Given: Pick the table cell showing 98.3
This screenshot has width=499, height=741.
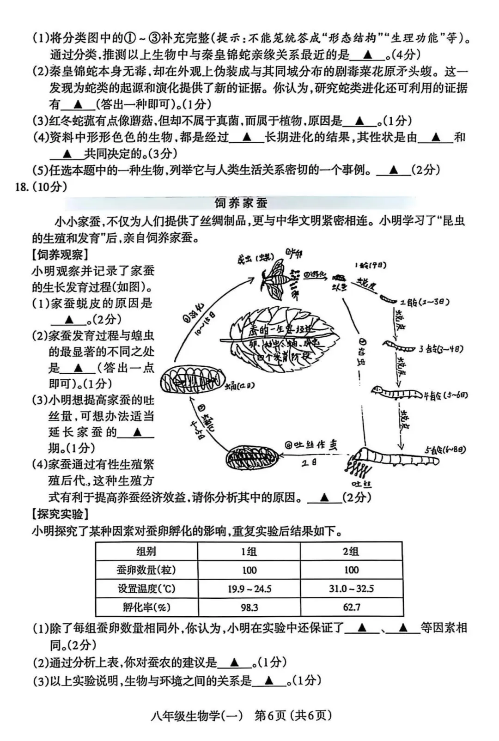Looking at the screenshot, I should (x=249, y=607).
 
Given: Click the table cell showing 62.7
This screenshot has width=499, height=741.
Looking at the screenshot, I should (x=351, y=607).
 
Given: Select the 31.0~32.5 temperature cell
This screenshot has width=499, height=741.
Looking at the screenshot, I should (x=351, y=589).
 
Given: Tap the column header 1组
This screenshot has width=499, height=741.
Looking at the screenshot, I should (x=249, y=551).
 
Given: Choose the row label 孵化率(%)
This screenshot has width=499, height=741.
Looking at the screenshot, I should (x=146, y=607).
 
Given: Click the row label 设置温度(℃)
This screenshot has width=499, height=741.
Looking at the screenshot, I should (x=146, y=589).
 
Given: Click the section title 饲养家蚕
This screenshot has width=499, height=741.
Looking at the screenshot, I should (x=241, y=203).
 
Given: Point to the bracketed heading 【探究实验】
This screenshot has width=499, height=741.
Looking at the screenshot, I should (x=60, y=514).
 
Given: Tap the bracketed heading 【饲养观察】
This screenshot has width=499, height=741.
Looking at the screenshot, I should (x=60, y=255).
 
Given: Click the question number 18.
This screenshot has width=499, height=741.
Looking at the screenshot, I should (x=22, y=187).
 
